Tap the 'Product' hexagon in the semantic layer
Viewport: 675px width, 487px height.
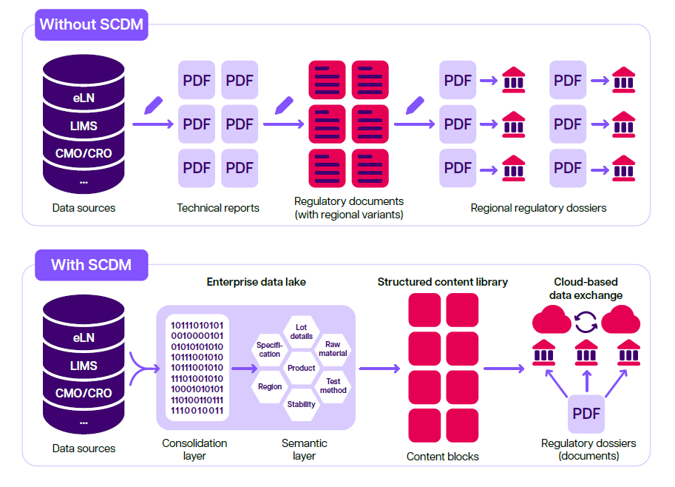click(302, 368)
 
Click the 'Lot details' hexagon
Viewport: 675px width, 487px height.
click(302, 332)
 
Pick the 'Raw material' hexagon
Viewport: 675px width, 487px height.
click(333, 349)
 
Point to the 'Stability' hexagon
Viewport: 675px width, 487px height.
click(302, 404)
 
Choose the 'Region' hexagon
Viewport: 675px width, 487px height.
click(270, 386)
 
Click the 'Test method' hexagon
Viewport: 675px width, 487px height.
click(333, 386)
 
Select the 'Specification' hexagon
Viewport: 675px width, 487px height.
click(269, 349)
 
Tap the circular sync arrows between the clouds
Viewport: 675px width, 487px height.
click(586, 322)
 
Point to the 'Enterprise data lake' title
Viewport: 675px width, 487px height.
click(256, 282)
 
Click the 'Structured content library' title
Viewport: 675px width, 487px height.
click(443, 282)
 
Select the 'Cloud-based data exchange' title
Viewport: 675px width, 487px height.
click(586, 289)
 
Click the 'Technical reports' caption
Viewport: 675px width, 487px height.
click(218, 208)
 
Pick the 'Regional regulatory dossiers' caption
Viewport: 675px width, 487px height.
click(538, 208)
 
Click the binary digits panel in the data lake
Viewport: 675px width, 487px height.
click(197, 368)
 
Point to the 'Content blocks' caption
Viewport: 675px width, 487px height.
click(443, 457)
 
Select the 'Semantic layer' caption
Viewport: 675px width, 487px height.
click(305, 449)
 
